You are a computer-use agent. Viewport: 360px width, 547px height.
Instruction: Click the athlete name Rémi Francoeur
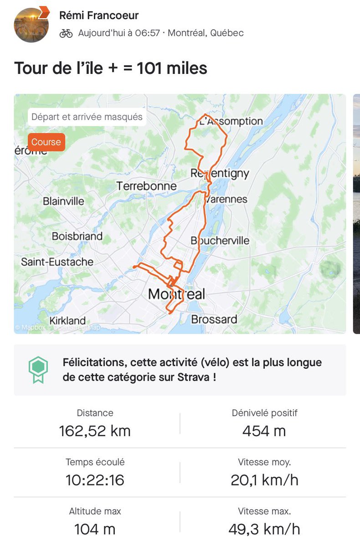point(99,15)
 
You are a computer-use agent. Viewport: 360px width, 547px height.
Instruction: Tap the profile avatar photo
point(31,25)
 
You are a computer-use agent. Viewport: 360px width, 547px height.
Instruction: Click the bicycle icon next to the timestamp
point(66,33)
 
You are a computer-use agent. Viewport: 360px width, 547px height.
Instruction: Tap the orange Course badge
point(46,142)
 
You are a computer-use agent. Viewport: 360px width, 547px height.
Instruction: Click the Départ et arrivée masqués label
point(87,117)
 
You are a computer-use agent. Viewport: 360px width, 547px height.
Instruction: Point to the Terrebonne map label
point(146,186)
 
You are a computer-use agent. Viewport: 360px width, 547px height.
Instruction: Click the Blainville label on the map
point(63,201)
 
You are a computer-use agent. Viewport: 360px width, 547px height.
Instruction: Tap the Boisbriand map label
point(77,236)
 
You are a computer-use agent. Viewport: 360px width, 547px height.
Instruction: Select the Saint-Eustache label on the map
point(57,262)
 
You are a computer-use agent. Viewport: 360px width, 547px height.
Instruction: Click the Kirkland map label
point(67,320)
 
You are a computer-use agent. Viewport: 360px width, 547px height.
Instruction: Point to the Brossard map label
point(214,319)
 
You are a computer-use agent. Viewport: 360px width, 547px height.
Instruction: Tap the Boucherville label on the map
point(220,241)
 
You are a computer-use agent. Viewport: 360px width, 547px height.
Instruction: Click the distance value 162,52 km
point(95,431)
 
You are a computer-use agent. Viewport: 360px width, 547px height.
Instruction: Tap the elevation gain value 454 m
point(264,431)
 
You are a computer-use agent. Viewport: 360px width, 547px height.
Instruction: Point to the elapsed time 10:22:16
point(95,480)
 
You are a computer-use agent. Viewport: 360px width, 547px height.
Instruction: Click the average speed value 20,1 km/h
point(264,480)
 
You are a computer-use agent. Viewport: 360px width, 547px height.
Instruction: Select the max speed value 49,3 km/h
point(264,529)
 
